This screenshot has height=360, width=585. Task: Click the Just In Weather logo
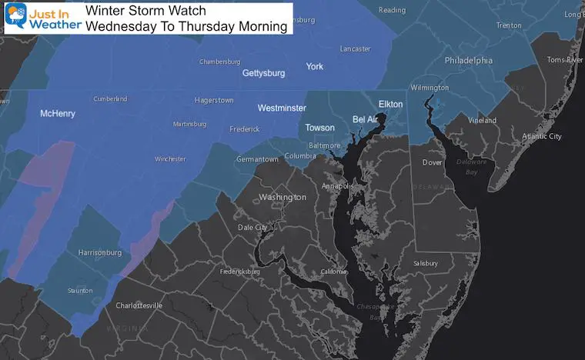pyautogui.click(x=42, y=18)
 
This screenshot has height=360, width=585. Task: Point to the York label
pyautogui.click(x=314, y=66)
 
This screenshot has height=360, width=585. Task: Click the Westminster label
pyautogui.click(x=282, y=108)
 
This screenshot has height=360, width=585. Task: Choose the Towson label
pyautogui.click(x=319, y=127)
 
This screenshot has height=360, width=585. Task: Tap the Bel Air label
pyautogui.click(x=368, y=119)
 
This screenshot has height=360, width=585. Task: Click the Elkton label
pyautogui.click(x=390, y=104)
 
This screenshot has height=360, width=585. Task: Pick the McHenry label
pyautogui.click(x=58, y=114)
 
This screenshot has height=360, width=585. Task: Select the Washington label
pyautogui.click(x=282, y=197)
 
